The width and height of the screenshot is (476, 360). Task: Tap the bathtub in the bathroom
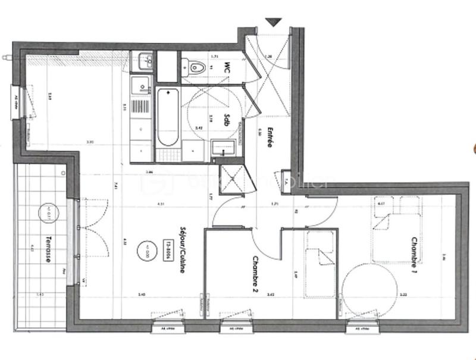tap(168, 117)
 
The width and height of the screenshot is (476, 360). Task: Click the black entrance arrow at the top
tap(273, 22)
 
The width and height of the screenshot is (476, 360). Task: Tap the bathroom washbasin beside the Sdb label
tap(225, 146)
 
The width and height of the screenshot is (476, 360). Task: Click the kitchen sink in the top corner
tap(142, 60)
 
